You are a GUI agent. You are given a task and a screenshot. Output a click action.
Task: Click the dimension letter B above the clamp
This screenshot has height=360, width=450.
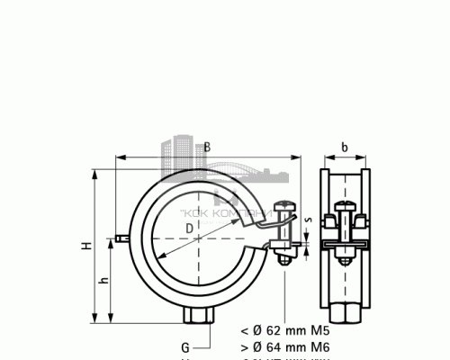pyautogui.click(x=206, y=147)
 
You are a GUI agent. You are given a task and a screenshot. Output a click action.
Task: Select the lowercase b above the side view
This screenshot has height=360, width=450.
pyautogui.click(x=345, y=147)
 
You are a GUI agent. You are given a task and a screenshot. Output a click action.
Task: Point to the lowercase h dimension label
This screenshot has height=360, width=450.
pyautogui.click(x=103, y=281)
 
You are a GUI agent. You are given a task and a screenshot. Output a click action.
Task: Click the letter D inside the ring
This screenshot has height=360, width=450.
pyautogui.click(x=187, y=229)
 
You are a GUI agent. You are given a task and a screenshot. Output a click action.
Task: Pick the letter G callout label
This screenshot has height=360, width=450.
pyautogui.click(x=184, y=347)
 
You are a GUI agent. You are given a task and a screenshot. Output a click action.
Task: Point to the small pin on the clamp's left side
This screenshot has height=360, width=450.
pyautogui.click(x=121, y=238)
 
